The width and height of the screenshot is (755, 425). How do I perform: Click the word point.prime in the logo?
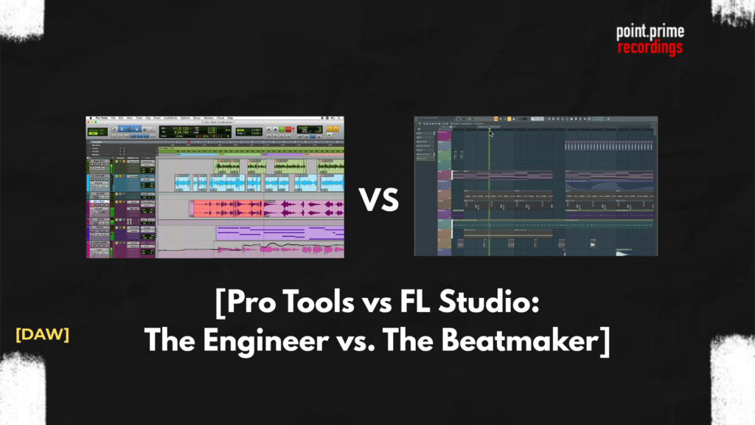click(650, 32)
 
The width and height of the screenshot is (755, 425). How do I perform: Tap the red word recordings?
click(650, 47)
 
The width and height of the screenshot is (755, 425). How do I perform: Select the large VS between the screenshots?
click(379, 199)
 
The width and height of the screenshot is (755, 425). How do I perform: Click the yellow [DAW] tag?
click(42, 334)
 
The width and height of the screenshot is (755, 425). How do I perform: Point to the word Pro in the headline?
click(251, 304)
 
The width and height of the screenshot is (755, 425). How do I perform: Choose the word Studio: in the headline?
click(498, 304)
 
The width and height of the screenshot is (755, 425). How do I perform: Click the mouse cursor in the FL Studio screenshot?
click(492, 134)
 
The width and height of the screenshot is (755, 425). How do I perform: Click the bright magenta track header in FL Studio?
click(445, 175)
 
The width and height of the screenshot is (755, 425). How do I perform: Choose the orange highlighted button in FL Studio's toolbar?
click(496, 119)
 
